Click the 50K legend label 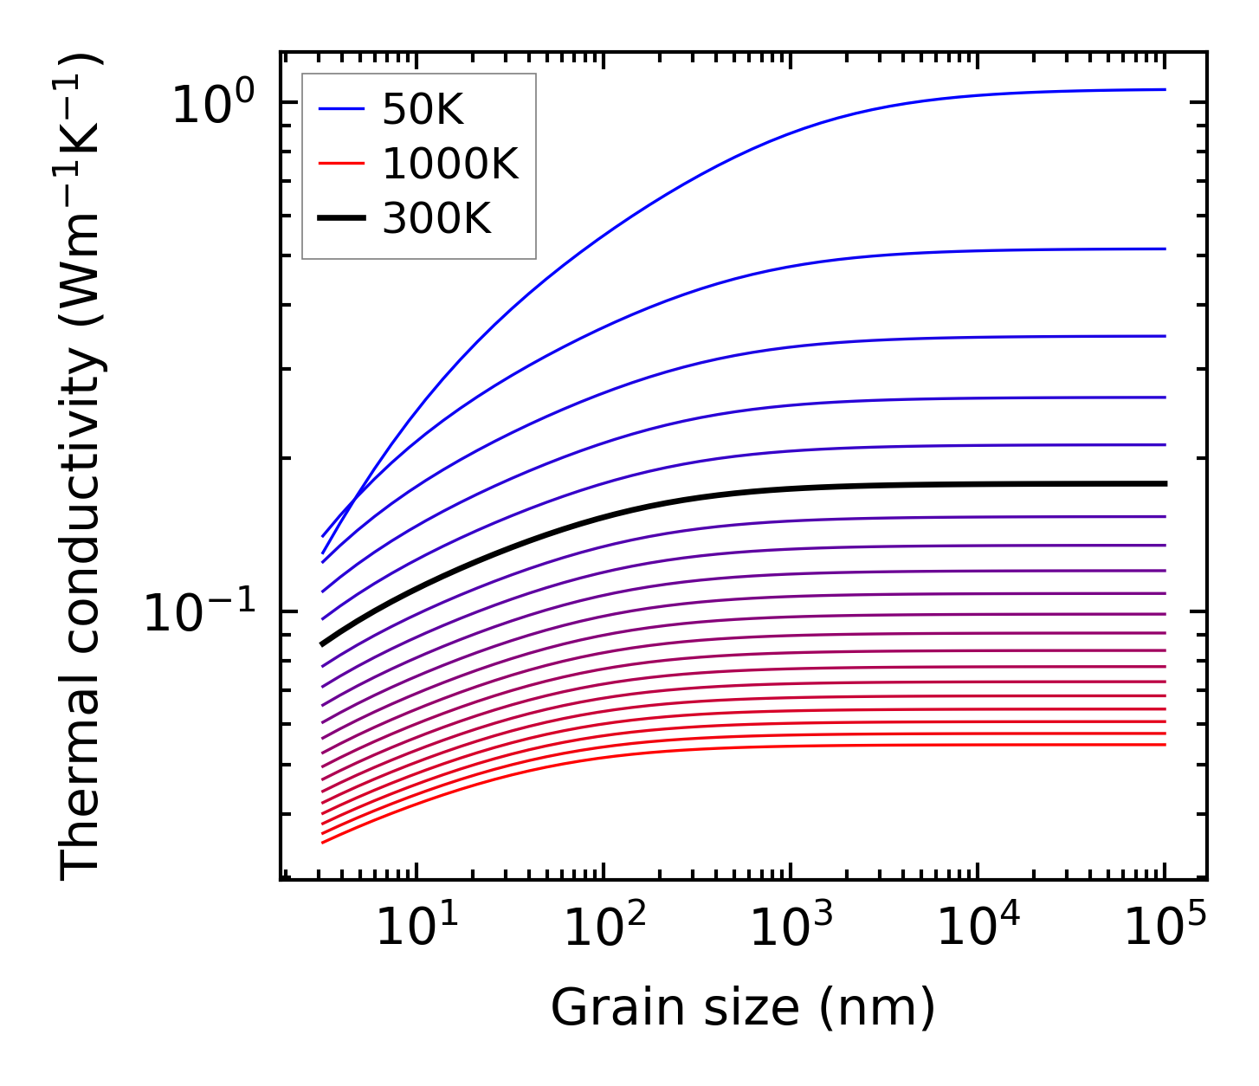[x=423, y=110]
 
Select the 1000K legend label [x=449, y=165]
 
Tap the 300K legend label [x=436, y=219]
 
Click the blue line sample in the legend [x=342, y=110]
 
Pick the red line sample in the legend [x=342, y=165]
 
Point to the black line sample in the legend [x=342, y=219]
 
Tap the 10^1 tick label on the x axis [x=416, y=926]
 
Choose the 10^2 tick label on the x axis [x=604, y=926]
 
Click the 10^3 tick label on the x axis [x=791, y=926]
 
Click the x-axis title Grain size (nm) [x=743, y=1008]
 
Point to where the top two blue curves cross [x=355, y=501]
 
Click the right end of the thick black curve [x=1165, y=483]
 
